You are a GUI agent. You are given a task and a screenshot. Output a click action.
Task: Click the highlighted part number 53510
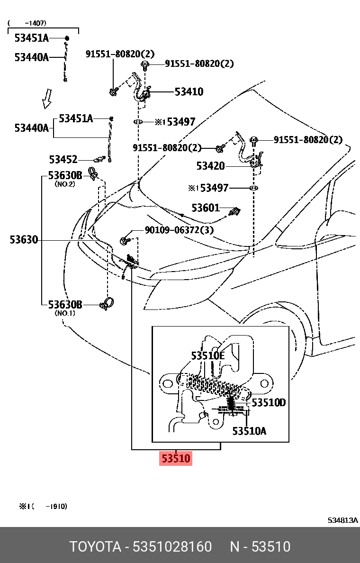pyautogui.click(x=176, y=458)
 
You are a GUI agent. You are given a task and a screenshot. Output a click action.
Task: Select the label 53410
pyautogui.click(x=189, y=92)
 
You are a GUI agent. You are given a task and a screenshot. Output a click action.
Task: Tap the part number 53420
pyautogui.click(x=210, y=166)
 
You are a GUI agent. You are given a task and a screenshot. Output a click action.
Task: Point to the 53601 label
pyautogui.click(x=206, y=208)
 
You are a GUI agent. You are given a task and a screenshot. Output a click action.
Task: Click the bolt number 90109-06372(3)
pyautogui.click(x=179, y=230)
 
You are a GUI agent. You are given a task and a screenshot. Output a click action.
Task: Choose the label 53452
pyautogui.click(x=63, y=160)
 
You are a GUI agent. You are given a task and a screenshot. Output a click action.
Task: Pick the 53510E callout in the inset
pyautogui.click(x=207, y=355)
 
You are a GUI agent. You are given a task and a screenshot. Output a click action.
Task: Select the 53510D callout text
pyautogui.click(x=268, y=403)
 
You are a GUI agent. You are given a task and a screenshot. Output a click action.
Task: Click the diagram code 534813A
pyautogui.click(x=343, y=520)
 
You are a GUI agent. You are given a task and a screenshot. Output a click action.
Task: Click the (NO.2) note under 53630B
pyautogui.click(x=65, y=184)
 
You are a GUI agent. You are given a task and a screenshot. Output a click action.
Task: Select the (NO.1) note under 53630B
pyautogui.click(x=65, y=313)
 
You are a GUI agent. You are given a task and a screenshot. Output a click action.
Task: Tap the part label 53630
pyautogui.click(x=23, y=240)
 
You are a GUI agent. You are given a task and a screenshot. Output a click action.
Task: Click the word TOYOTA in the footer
pyautogui.click(x=95, y=547)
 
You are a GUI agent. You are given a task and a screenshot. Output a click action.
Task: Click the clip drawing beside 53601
pyautogui.click(x=234, y=212)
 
